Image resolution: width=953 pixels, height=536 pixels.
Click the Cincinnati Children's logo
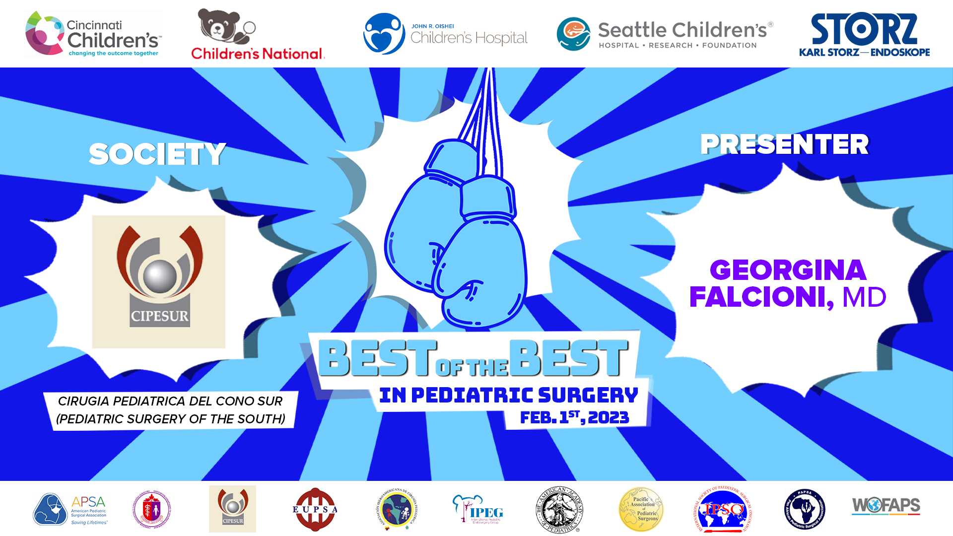[93, 34]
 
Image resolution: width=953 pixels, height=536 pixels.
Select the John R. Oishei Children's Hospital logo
[446, 34]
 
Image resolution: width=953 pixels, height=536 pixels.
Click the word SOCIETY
[157, 154]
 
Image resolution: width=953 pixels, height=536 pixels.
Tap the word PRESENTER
[784, 144]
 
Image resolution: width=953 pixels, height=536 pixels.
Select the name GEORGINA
[788, 270]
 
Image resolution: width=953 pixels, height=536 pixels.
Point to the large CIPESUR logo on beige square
[159, 281]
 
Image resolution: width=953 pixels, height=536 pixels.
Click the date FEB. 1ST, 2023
[574, 417]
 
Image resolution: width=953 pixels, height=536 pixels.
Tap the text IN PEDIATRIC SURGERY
[508, 395]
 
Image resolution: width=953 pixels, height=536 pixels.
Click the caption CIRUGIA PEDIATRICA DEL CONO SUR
[170, 401]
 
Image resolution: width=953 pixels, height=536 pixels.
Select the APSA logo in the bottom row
[70, 509]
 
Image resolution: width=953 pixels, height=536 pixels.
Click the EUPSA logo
[315, 509]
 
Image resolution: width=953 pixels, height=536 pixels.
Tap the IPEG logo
[477, 509]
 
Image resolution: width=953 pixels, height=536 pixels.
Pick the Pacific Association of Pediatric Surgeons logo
[641, 509]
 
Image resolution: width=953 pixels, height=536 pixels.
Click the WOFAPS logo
[886, 506]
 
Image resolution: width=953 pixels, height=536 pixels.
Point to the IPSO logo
[723, 509]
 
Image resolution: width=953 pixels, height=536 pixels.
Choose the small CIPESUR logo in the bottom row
[232, 509]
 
